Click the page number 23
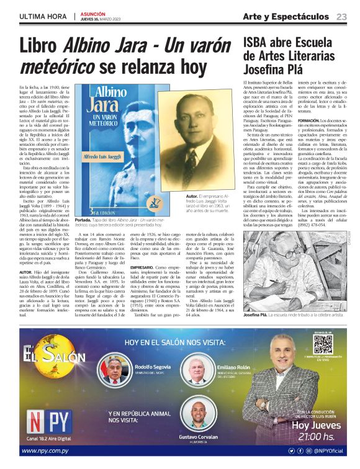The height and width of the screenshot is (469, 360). (x=341, y=16)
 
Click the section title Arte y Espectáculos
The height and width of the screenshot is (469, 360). (x=286, y=16)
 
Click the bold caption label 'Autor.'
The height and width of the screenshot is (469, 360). (x=177, y=197)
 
